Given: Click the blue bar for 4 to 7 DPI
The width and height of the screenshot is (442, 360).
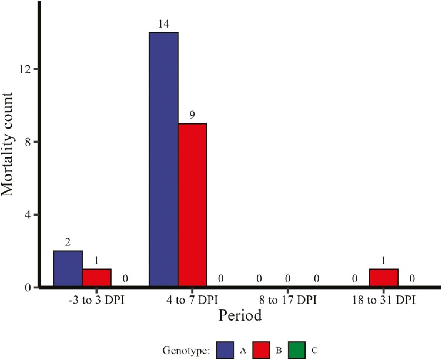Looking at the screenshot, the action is tap(164, 160).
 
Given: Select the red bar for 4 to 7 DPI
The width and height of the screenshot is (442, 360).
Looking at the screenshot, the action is tap(193, 205).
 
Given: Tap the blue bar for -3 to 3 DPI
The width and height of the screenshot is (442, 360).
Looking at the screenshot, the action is tap(68, 269).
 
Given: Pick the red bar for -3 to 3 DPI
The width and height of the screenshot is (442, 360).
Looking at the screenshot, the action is tap(96, 278).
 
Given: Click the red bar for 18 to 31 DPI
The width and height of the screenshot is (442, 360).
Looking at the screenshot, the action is tap(383, 278).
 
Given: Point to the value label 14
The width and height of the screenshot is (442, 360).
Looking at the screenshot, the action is tap(163, 24).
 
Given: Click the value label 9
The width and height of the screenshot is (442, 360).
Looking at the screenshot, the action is tap(192, 115).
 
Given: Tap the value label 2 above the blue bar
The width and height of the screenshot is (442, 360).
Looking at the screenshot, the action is tap(68, 243).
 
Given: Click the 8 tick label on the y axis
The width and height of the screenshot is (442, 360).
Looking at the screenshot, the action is tap(28, 142).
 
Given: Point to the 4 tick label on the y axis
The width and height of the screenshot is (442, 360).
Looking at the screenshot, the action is tap(28, 214).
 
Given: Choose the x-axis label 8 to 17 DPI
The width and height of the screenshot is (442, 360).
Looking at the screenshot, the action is tap(288, 300).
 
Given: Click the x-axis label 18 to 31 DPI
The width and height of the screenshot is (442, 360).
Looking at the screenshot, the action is tap(384, 300).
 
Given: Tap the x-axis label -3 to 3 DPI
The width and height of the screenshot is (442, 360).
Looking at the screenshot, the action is tap(96, 300).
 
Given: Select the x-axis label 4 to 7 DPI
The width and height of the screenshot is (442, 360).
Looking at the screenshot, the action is tap(192, 300).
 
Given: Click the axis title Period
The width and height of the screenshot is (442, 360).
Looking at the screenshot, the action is tap(240, 316).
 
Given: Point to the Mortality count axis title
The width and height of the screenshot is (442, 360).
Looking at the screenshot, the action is tap(8, 144).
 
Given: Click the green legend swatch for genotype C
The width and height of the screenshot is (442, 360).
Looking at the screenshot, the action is tap(297, 350).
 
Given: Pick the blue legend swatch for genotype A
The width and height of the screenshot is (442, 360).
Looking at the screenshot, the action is tap(225, 350).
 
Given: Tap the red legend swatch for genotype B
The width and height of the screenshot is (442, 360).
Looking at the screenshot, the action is tap(261, 350).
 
